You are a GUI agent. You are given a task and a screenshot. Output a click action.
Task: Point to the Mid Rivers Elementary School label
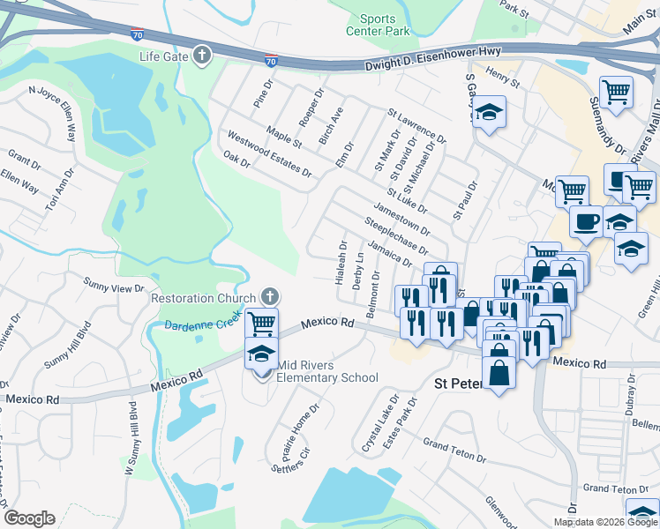coord(327,371)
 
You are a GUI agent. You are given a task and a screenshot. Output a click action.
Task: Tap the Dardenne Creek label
coord(200,324)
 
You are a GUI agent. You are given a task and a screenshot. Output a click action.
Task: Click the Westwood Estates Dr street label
coord(269,153)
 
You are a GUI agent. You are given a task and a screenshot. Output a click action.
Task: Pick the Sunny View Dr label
coord(114,287)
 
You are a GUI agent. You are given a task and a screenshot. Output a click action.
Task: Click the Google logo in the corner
coord(29,518)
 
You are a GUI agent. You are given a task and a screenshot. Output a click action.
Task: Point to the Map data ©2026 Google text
coord(605,522)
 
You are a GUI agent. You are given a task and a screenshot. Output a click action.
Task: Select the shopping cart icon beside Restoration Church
coord(262,324)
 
